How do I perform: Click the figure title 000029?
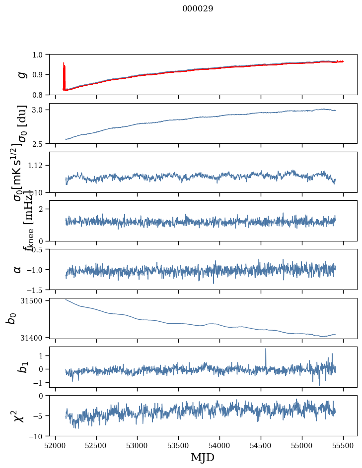198,9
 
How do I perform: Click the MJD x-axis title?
203,458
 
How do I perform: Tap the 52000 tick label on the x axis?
55,445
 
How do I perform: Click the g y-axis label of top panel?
21,74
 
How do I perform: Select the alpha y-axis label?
18,269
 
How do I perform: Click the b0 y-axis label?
11,318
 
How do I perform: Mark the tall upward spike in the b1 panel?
266,350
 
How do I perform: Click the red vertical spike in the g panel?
64,74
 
